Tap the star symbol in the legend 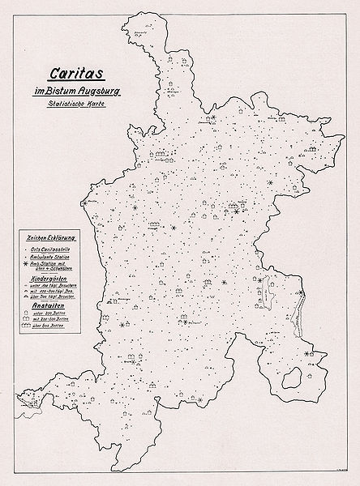[25, 264]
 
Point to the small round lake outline [296, 374]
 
